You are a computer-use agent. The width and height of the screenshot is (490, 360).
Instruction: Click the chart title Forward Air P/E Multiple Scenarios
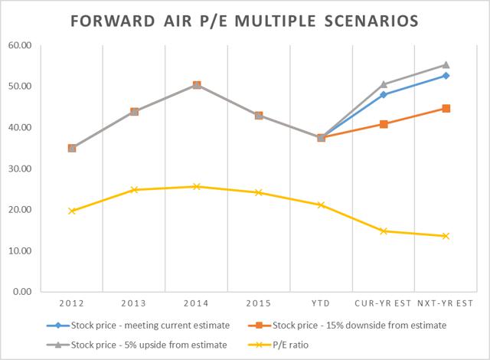245,18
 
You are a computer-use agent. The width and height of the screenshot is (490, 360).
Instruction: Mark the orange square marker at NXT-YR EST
446,109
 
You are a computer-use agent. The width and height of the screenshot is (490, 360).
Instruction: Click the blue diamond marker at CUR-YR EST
383,94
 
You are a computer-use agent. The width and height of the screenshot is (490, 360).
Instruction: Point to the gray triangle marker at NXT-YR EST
446,65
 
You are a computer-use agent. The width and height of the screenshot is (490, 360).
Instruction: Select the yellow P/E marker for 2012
71,211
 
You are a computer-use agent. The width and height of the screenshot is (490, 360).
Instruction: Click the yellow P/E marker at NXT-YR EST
446,236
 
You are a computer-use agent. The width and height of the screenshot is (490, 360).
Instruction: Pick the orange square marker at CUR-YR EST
383,124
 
